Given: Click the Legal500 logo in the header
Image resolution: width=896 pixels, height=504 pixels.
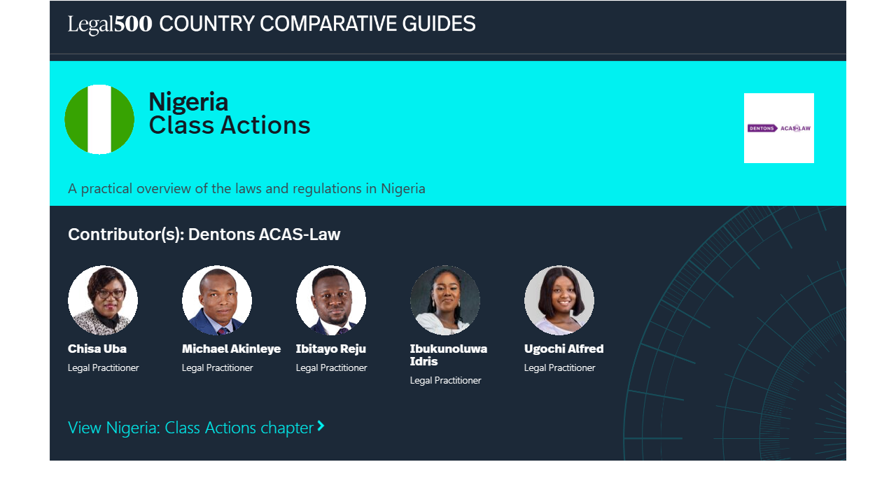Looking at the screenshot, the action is pos(110,24).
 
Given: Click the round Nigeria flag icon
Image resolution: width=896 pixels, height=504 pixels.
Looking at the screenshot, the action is pos(99,119).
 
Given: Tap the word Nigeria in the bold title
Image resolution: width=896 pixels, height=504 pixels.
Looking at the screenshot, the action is pos(188,101).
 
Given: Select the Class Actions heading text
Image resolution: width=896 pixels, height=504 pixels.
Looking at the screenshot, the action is pos(230,125).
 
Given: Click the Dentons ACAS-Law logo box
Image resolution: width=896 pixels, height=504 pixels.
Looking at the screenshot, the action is pos(779,128).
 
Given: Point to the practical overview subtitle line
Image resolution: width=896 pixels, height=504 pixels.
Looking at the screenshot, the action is pos(246,188).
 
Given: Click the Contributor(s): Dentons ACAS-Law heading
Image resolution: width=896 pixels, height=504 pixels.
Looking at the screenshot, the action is pos(204,234).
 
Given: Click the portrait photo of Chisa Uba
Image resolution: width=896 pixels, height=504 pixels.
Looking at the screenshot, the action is pos(103,300).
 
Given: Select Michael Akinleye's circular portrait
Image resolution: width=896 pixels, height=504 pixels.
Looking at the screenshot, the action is pos(217,300).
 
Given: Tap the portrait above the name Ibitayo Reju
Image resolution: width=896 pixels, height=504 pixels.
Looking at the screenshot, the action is pos(331,300).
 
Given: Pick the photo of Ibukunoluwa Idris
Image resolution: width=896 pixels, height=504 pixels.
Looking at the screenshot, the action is pos(445,300).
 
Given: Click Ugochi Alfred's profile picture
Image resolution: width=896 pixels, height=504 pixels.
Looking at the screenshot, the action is pos(559,300).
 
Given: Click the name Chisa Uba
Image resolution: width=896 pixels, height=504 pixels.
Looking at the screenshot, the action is pos(97,349).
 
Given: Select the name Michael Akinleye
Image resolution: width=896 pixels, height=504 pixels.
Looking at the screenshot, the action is pos(231,349).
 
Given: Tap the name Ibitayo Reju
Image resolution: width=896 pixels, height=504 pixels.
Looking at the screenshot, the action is pos(331,349).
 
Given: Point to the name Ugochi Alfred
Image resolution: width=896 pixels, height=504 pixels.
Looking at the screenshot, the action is pos(564,349).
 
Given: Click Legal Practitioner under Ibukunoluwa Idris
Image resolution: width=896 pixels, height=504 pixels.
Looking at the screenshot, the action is pos(446,380).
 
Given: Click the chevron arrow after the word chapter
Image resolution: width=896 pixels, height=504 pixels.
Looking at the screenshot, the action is pos(321,426).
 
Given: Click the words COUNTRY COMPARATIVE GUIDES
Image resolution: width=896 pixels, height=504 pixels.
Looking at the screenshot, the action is pos(318,24).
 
